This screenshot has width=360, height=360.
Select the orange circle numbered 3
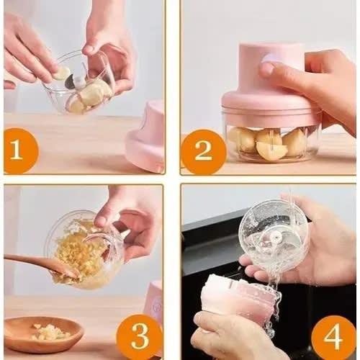click(140, 337)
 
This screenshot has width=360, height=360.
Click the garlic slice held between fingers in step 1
click(61, 73)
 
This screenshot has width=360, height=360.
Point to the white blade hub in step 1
click(79, 81)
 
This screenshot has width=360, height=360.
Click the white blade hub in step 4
click(274, 237)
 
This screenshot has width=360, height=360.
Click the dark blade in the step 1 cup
click(70, 81)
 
